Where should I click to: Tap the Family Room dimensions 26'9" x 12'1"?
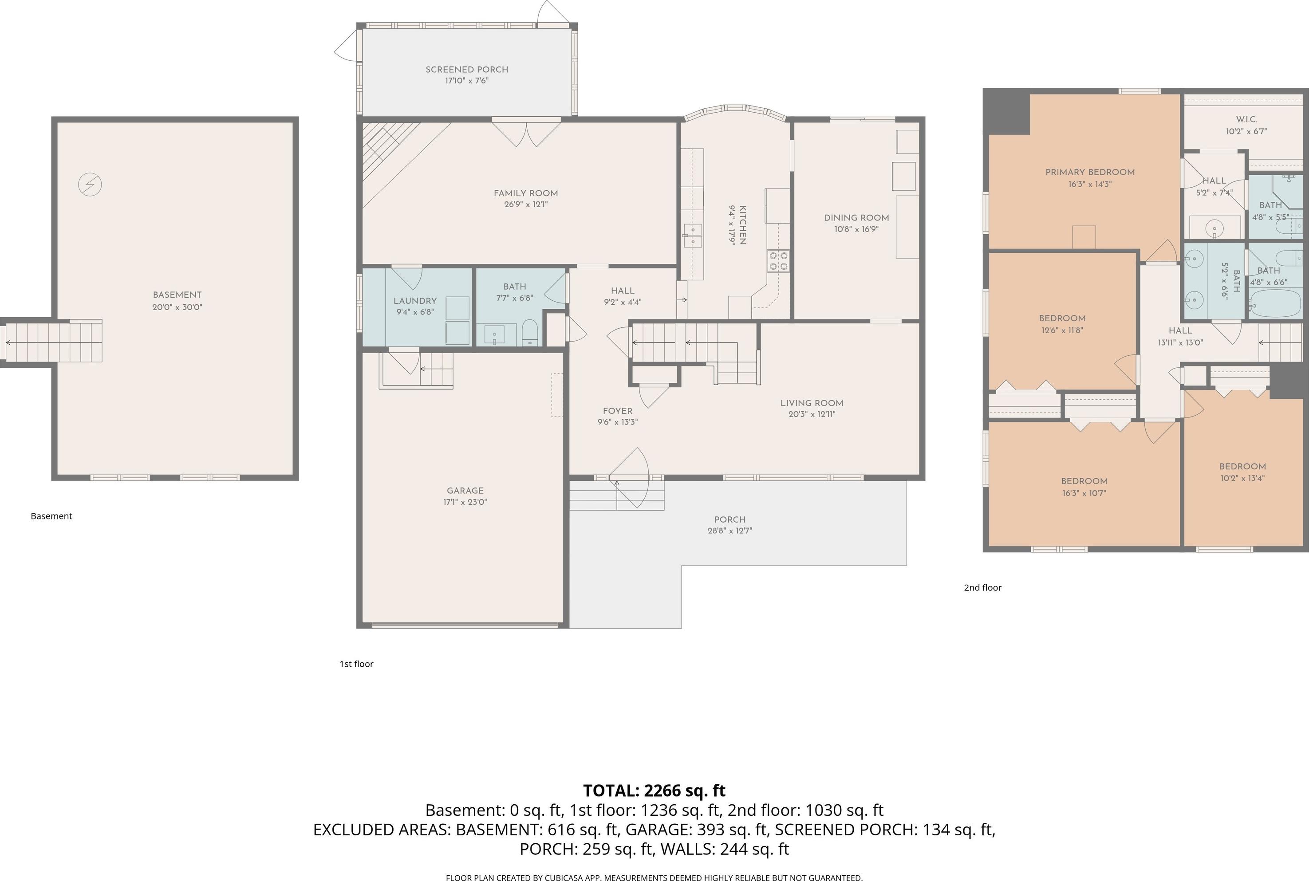coord(526,205)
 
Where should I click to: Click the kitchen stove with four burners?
coord(778,261)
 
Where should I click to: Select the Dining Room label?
coord(856,218)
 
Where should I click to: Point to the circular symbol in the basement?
coord(90,184)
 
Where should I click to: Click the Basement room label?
coord(177,295)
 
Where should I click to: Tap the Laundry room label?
coord(415,301)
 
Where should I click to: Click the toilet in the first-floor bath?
coord(530,333)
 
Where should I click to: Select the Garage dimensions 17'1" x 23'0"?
coord(465,502)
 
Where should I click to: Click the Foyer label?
coord(618,411)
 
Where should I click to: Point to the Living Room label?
coord(812,403)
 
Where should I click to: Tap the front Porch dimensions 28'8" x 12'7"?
coord(730,531)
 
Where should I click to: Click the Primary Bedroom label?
coord(1090,173)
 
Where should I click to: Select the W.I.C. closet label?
coord(1246,120)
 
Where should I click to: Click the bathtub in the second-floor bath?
coord(1275,303)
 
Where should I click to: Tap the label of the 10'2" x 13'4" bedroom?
coord(1243,466)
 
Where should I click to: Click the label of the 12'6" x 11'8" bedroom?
coord(1062,318)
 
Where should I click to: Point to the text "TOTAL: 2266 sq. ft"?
coord(654,791)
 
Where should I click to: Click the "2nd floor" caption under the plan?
coord(983,588)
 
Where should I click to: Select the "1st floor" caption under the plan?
coord(356,664)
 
